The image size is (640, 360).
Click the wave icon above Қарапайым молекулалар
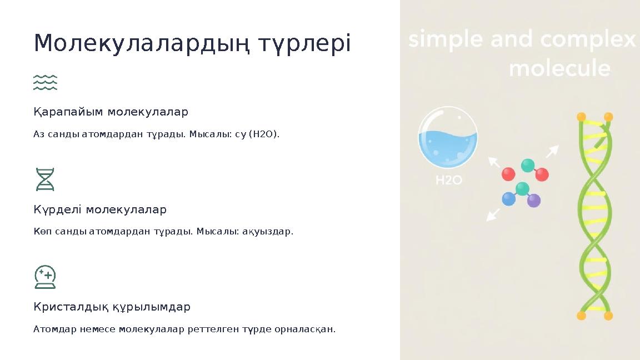click(45, 82)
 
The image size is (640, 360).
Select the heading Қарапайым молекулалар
click(111, 112)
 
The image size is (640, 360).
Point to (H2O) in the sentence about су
click(264, 134)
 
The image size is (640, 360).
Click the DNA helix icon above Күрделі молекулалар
click(45, 179)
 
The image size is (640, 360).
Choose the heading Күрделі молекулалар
click(100, 209)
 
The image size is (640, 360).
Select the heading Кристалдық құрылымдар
click(112, 307)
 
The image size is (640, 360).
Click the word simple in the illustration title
click(442, 41)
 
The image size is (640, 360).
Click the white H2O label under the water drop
click(448, 180)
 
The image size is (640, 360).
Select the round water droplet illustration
click(448, 138)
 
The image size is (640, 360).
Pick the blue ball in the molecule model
click(508, 199)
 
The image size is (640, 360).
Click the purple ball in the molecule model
click(533, 201)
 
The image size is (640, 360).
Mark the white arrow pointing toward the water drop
click(493, 162)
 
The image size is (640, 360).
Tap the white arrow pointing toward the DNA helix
click(553, 151)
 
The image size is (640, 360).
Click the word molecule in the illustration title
click(559, 69)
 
